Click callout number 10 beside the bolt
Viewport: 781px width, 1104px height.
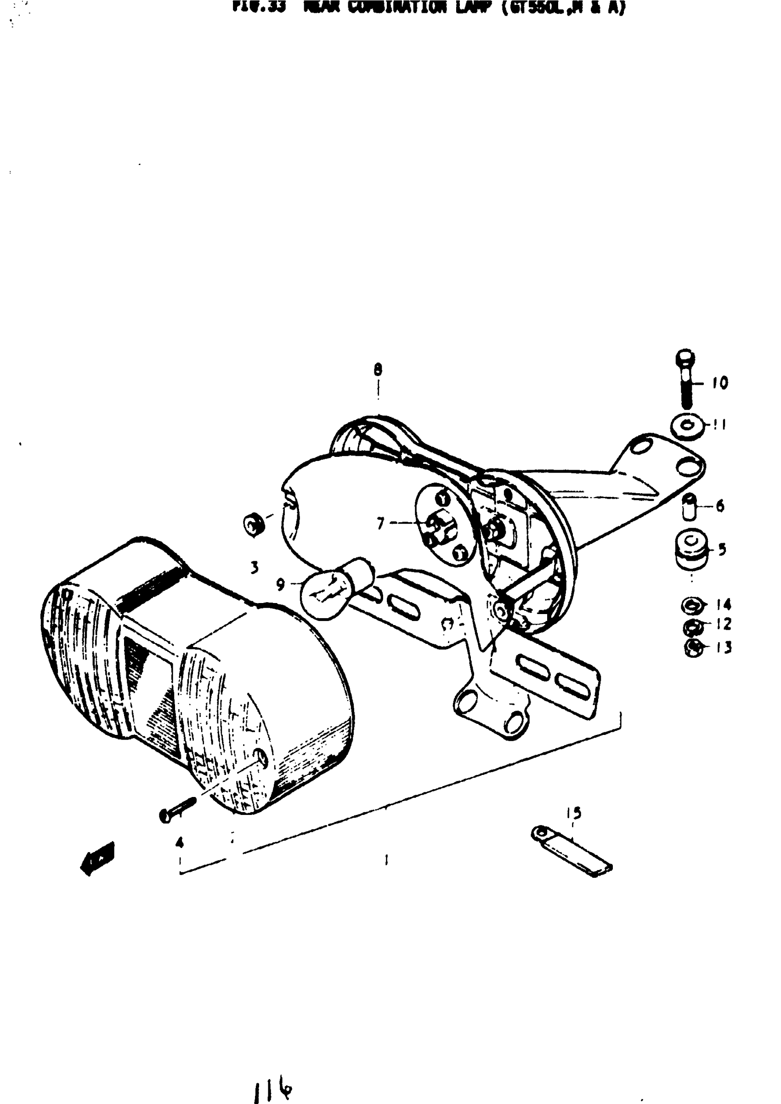point(720,383)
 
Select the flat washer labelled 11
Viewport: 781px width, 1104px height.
point(687,426)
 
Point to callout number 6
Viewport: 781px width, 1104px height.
point(720,506)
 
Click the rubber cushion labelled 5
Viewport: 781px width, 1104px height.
point(691,549)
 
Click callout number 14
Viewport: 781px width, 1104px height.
point(723,604)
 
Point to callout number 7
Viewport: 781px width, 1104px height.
point(381,523)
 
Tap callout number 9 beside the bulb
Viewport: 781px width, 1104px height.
point(280,585)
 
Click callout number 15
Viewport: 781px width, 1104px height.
point(573,813)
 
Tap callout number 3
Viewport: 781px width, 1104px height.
point(255,568)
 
